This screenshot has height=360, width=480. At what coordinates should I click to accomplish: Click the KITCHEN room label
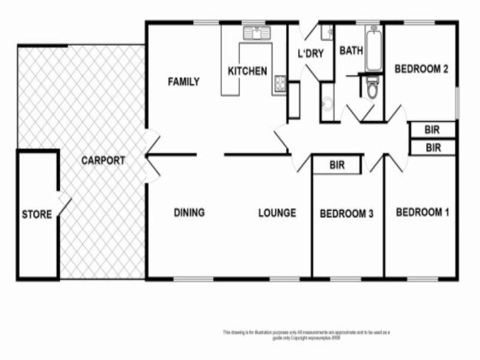click(x=247, y=71)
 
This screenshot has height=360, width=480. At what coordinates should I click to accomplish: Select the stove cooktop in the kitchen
click(x=279, y=85)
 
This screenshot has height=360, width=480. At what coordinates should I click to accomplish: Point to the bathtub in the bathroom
click(x=373, y=47)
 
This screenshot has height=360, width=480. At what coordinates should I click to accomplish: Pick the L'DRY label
click(x=311, y=53)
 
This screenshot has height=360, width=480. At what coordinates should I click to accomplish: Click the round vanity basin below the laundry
click(x=327, y=105)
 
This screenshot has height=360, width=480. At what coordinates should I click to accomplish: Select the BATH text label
click(x=351, y=51)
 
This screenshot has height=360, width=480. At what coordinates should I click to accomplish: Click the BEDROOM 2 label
click(x=421, y=69)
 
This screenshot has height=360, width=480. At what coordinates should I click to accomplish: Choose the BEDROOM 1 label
click(x=422, y=212)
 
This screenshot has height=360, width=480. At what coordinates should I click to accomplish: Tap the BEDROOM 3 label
click(x=347, y=214)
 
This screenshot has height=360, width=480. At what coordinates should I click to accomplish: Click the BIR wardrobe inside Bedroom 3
click(x=337, y=166)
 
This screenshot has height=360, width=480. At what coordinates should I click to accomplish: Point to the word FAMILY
click(x=183, y=82)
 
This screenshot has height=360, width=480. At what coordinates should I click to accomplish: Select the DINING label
click(x=189, y=212)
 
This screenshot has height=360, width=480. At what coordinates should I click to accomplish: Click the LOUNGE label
click(x=277, y=212)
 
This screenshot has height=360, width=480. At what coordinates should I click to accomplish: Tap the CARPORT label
click(x=103, y=161)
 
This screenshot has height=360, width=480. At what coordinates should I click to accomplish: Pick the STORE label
click(x=37, y=214)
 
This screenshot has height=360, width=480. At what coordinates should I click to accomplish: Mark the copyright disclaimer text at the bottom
click(x=306, y=334)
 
